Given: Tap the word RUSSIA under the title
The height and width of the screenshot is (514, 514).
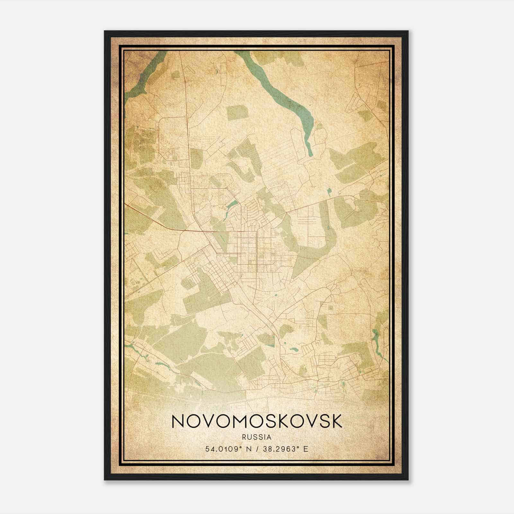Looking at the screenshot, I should pyautogui.click(x=257, y=437).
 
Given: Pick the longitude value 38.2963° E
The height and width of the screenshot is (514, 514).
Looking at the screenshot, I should pyautogui.click(x=285, y=449).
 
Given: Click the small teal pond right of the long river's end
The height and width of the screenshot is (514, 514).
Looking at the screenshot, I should pyautogui.click(x=329, y=192).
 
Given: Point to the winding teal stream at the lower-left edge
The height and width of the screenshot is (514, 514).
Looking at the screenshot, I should pyautogui.click(x=138, y=350).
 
